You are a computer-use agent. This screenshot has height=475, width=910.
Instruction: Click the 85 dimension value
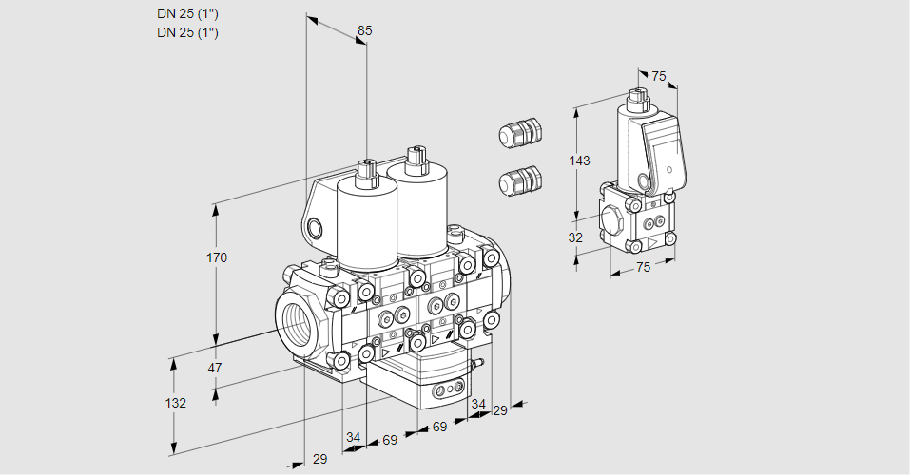click(x=364, y=30)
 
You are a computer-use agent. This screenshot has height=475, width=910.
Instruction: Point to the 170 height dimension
click(x=219, y=257)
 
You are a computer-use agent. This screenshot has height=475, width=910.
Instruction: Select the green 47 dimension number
click(x=215, y=368)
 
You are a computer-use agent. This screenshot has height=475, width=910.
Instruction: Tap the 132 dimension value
click(x=175, y=403)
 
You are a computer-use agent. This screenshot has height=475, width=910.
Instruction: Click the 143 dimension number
click(x=580, y=161)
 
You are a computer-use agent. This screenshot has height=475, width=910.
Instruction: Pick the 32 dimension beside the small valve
click(x=575, y=237)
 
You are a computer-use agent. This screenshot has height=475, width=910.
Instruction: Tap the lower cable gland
click(x=520, y=180)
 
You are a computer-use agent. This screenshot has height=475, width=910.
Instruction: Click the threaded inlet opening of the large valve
click(x=295, y=318)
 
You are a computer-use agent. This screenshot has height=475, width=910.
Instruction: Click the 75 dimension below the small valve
click(x=643, y=267)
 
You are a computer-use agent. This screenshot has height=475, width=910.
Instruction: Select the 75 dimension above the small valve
click(x=660, y=76)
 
